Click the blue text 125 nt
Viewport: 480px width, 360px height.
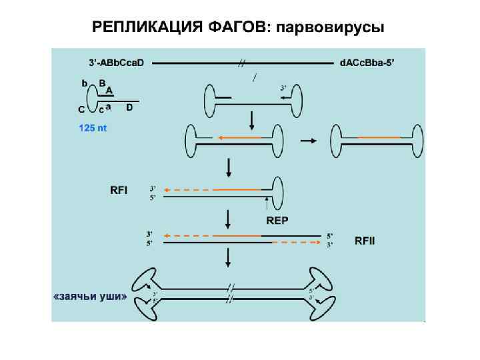coord(93,128)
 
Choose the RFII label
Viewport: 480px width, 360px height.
coord(365,239)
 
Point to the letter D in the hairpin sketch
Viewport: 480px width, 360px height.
coord(129,107)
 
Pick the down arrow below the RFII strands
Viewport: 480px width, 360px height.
coord(229,257)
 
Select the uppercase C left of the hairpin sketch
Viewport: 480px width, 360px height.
coord(81,109)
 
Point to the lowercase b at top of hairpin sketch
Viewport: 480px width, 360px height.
coord(85,83)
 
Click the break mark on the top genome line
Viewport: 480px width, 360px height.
coord(242,63)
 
